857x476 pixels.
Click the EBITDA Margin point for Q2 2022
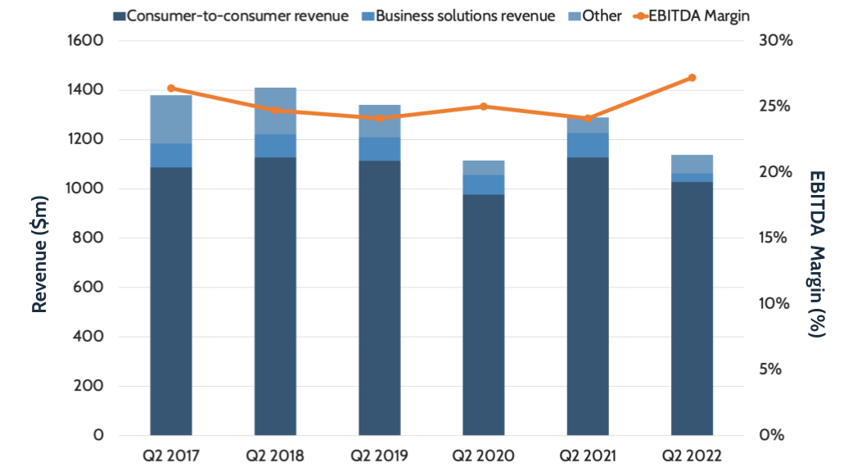tap(692, 78)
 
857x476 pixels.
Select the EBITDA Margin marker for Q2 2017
tap(171, 88)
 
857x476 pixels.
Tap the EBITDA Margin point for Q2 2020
tap(483, 107)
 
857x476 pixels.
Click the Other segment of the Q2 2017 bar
tap(171, 120)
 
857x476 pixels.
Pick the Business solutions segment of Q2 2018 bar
tap(275, 146)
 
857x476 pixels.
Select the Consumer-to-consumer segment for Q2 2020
tap(483, 315)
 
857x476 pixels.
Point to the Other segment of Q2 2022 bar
tap(692, 164)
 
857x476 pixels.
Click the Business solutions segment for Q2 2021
tap(588, 145)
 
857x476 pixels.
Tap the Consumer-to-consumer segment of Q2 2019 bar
tap(379, 297)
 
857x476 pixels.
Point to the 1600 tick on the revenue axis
tap(86, 41)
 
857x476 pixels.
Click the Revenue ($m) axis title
tap(38, 238)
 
